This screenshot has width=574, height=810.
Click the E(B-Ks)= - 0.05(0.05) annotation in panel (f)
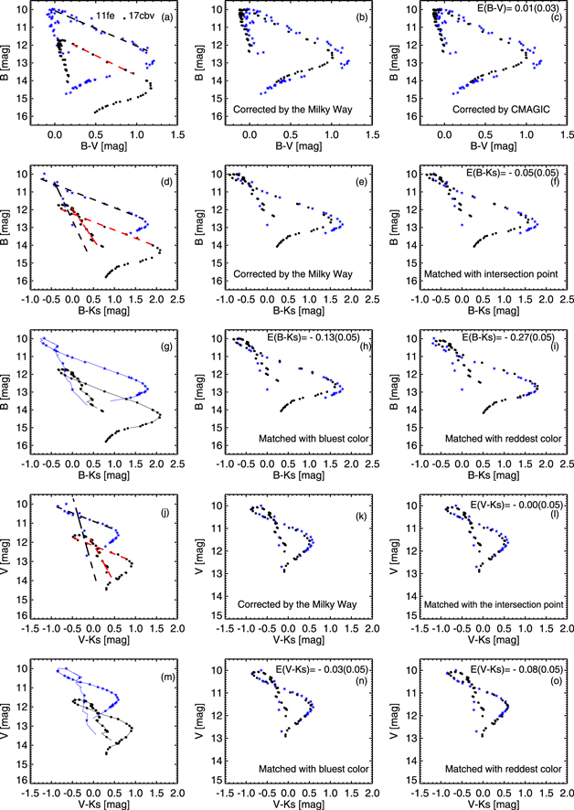coord(506,173)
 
